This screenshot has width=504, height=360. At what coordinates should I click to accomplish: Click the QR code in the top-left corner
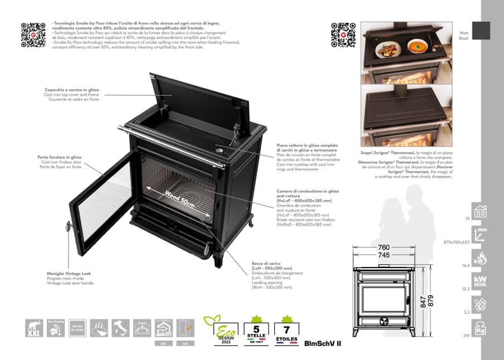[x=33, y=34]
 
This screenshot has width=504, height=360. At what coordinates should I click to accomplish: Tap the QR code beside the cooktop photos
[x=343, y=34]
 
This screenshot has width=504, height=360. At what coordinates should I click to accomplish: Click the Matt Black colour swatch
[x=481, y=31]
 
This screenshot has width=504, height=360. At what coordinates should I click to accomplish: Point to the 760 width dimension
[x=384, y=247]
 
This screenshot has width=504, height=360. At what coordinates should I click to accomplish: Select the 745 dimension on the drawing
[x=384, y=255]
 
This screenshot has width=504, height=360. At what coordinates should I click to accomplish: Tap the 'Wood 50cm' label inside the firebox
[x=180, y=199]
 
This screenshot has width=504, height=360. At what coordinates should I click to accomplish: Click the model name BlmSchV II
[x=323, y=343]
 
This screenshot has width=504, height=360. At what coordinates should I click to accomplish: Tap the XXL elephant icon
[x=35, y=328]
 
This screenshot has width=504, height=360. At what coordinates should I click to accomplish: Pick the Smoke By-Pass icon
[x=77, y=328]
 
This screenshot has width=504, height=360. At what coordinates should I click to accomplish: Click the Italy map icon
[x=120, y=328]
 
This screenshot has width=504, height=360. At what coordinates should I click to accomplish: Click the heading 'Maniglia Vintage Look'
[x=69, y=274]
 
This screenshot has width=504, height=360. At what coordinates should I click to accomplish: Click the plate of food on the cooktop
[x=386, y=51]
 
